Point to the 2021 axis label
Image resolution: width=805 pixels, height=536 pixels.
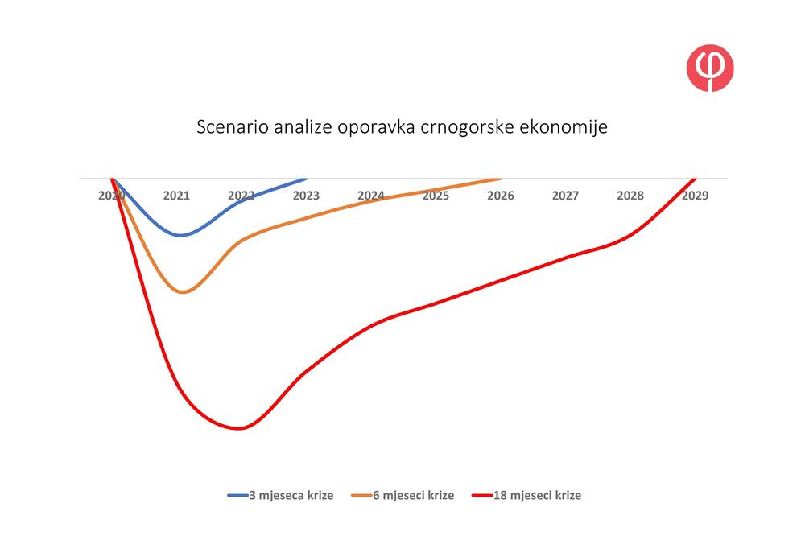tap(176, 195)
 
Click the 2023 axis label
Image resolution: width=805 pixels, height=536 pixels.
tap(306, 195)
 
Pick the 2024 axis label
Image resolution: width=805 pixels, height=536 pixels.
tap(370, 195)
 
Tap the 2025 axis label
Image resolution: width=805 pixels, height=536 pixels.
tap(436, 195)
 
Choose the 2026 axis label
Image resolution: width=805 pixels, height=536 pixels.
tap(501, 195)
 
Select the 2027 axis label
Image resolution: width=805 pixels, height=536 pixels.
tap(565, 195)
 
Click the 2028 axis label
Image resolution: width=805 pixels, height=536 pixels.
tap(630, 195)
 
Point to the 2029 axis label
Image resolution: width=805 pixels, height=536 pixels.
tap(695, 195)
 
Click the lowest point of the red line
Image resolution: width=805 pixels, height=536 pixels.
tap(238, 428)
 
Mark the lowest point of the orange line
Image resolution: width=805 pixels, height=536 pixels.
tap(183, 292)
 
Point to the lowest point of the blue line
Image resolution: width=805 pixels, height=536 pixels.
tap(180, 236)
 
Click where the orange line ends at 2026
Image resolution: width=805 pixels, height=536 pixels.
tap(501, 179)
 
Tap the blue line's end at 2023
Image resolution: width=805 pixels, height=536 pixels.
tap(306, 179)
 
